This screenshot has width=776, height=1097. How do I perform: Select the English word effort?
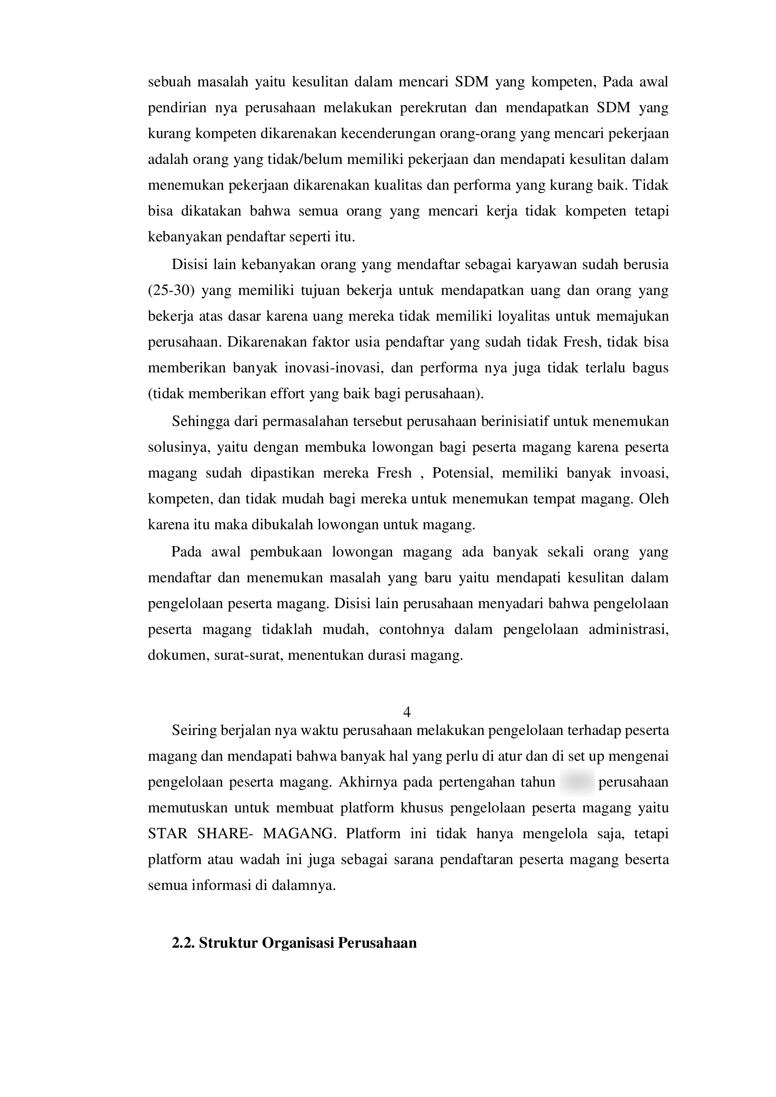coord(288,394)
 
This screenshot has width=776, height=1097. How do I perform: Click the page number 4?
coord(407,712)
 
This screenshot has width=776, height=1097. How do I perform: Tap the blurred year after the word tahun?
coord(577,782)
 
